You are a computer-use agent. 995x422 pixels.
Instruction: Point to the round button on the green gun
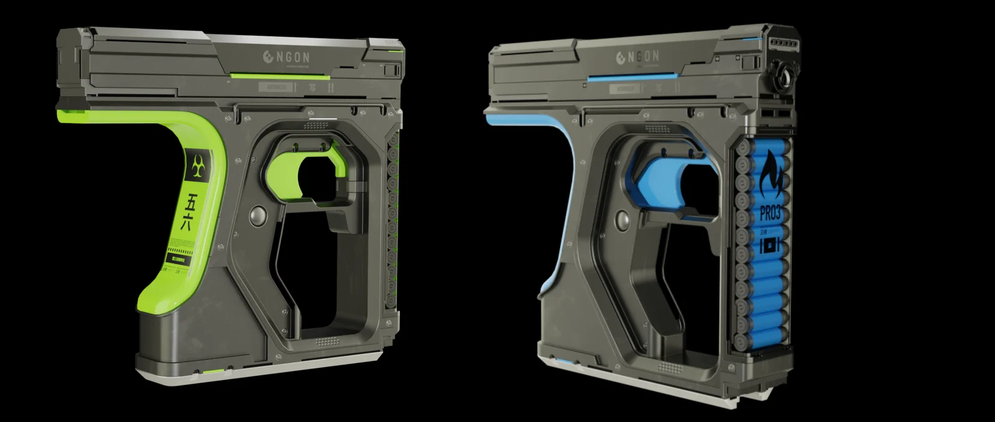coord(256,215)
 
